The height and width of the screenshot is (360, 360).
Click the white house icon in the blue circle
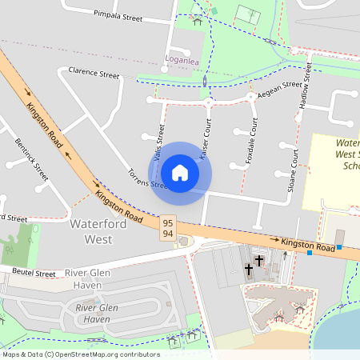[x=180, y=172]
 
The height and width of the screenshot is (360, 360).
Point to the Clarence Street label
[x=94, y=73]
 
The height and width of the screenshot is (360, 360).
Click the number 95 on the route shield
[x=168, y=222]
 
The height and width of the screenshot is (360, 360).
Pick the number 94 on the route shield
[x=168, y=233]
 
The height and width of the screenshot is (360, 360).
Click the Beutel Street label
[x=34, y=274]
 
